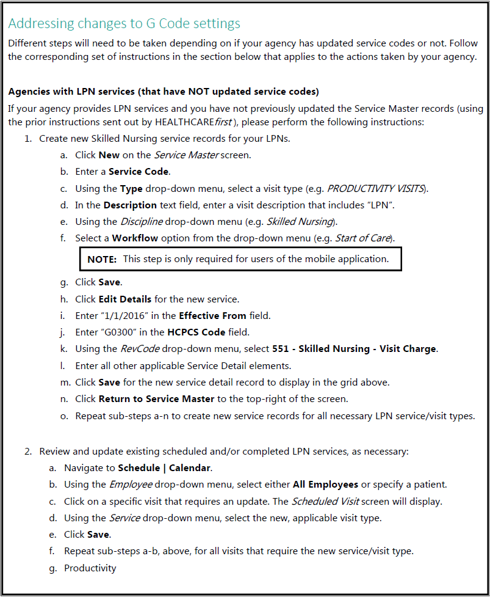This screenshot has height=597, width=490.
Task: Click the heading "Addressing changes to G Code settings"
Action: (x=124, y=24)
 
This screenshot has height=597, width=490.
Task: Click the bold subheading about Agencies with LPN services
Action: (x=164, y=92)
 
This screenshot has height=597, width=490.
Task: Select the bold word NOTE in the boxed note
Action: (x=102, y=259)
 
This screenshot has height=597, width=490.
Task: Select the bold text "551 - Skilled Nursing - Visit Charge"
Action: (x=354, y=349)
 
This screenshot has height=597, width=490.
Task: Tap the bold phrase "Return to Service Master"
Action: (x=156, y=399)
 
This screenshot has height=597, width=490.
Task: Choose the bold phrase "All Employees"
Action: (x=325, y=485)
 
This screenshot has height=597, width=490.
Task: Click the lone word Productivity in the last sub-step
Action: (x=90, y=568)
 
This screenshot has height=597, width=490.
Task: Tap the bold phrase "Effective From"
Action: (x=213, y=316)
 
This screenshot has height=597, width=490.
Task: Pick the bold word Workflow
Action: (x=135, y=238)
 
